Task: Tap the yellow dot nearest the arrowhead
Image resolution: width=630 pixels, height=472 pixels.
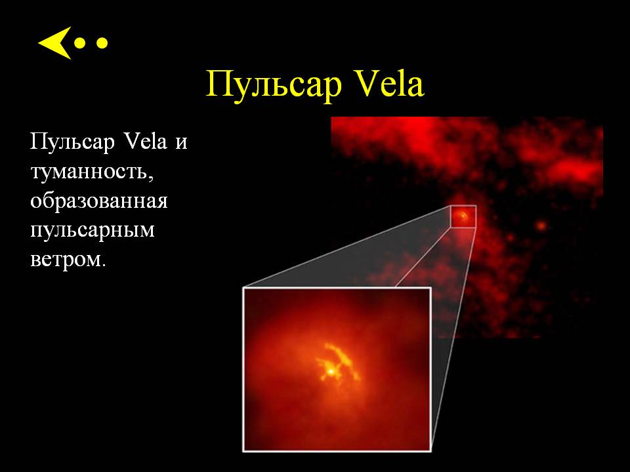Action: point(80,43)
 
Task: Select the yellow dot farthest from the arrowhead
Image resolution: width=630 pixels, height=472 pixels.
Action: point(102,43)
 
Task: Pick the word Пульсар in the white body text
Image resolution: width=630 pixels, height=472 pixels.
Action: point(73,142)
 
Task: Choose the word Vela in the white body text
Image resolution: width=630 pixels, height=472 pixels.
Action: point(146,141)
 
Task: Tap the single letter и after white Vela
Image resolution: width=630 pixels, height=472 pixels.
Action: point(181,144)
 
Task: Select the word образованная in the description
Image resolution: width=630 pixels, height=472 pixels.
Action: point(99,201)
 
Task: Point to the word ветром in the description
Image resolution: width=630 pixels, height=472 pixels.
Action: point(65,260)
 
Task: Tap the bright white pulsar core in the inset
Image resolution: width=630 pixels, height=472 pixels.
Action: point(330,372)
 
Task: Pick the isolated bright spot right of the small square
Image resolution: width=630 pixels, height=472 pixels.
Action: point(541,226)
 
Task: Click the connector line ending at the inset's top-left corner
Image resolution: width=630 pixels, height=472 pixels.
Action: point(346,246)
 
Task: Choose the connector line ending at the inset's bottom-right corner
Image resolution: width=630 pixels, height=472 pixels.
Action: point(453,339)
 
